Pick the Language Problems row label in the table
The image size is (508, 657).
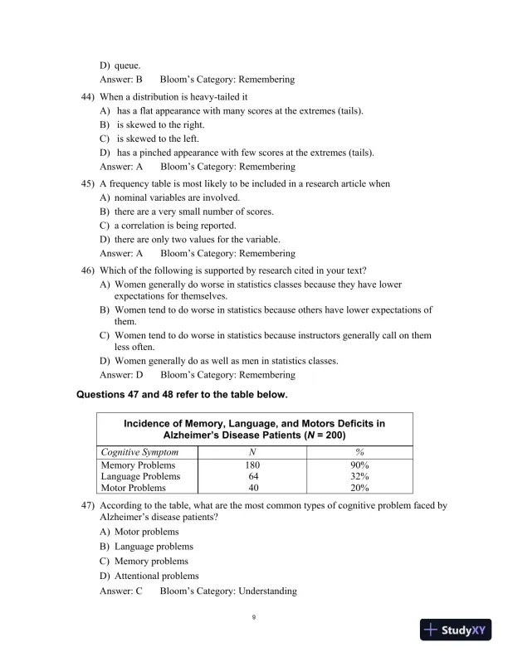tap(138, 476)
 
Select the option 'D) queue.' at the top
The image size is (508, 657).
tap(120, 65)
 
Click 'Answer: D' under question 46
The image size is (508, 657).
tap(121, 376)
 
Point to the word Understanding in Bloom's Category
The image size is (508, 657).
tap(267, 591)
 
